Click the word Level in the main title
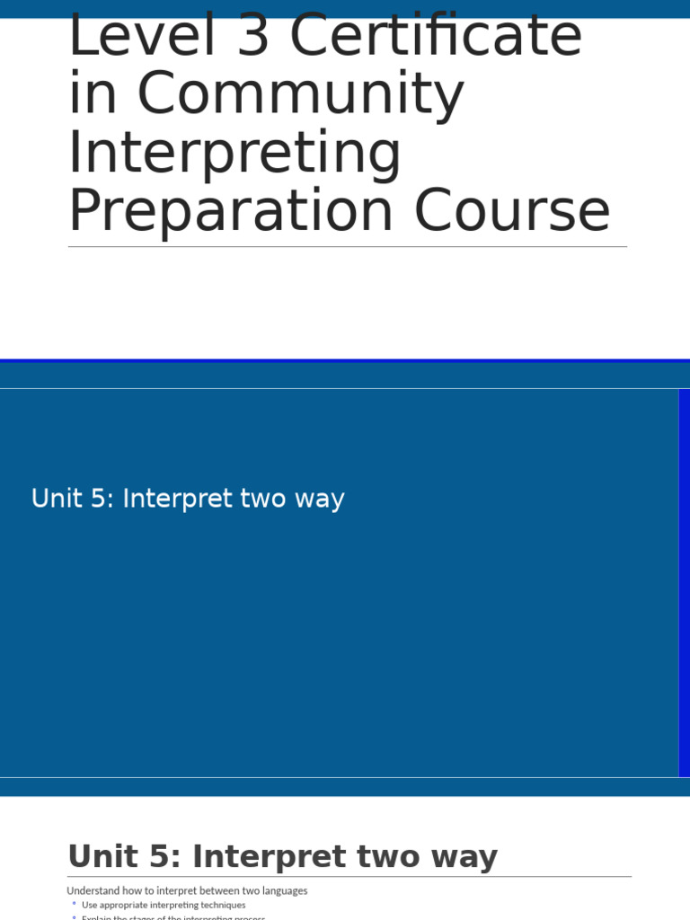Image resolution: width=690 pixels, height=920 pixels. coord(125,37)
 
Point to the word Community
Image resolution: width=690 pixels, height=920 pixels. coord(300,95)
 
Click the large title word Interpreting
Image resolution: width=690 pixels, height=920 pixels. coord(234,154)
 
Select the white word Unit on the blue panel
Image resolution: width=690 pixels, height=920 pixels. coord(56,499)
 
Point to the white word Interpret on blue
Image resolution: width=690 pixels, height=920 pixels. coord(176,499)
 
